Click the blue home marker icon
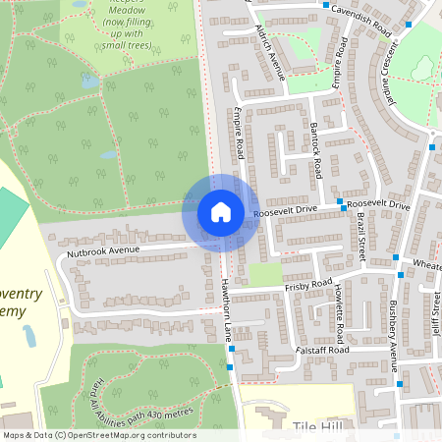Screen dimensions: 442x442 pos(220,212)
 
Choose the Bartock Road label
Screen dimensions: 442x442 pos(314,150)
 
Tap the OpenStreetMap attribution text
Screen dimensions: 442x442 pos(98,435)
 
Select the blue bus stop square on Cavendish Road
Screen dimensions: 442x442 pos(327,5)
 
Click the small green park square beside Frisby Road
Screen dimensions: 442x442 pos(265,274)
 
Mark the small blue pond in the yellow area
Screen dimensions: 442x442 pos(29,337)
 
